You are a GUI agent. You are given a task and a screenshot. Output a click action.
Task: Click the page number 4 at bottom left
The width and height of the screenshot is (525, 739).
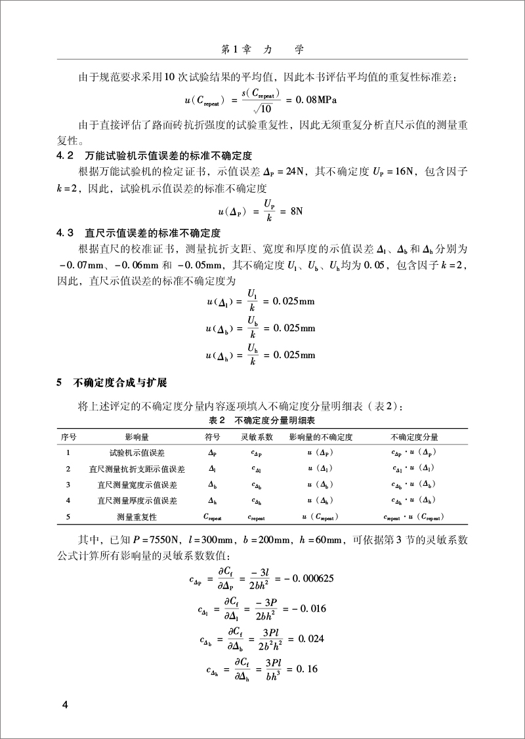pyautogui.click(x=64, y=705)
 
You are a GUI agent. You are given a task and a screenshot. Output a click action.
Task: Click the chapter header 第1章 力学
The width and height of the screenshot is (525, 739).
pyautogui.click(x=262, y=49)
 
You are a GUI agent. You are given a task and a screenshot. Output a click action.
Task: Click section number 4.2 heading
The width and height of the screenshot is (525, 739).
pyautogui.click(x=64, y=155)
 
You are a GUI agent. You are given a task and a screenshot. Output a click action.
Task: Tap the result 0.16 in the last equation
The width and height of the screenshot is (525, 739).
pyautogui.click(x=308, y=668)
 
